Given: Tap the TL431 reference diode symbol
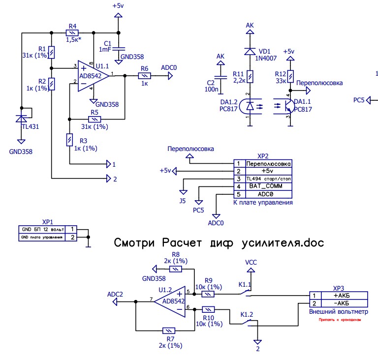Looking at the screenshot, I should (21, 118).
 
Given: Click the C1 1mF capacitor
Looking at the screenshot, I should (118, 49).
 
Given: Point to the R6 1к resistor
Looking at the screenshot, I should (144, 76).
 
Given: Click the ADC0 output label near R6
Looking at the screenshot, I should (168, 68).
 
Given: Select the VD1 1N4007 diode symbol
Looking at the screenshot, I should (250, 50).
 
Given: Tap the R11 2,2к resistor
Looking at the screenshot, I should (250, 76).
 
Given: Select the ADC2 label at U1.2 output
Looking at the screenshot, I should (115, 294).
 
